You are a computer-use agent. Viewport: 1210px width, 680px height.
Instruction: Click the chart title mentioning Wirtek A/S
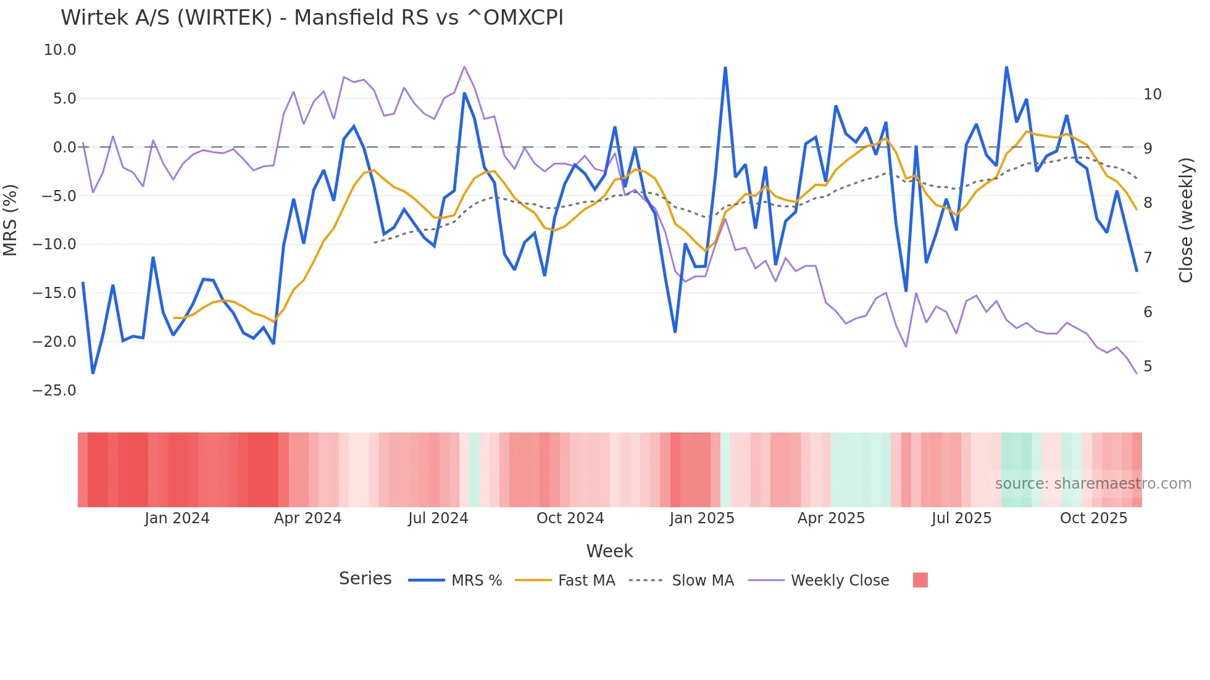[x=312, y=18]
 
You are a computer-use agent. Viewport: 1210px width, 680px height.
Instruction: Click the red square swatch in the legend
[x=920, y=580]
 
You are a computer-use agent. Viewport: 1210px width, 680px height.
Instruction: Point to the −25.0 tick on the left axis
[x=54, y=391]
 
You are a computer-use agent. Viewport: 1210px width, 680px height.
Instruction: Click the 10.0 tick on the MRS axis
[x=60, y=50]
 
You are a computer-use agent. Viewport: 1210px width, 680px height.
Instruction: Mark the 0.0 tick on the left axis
[x=64, y=147]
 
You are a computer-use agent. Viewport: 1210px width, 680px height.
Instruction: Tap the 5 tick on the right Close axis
[x=1148, y=367]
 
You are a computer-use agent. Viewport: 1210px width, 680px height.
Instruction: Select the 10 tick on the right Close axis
[x=1152, y=94]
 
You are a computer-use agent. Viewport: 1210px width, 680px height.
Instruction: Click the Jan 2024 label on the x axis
[x=177, y=518]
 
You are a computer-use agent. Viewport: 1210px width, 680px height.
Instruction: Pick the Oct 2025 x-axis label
[x=1093, y=518]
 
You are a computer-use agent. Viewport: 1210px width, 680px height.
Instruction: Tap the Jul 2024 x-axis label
[x=438, y=518]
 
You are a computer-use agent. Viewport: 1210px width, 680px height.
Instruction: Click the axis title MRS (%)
[x=10, y=220]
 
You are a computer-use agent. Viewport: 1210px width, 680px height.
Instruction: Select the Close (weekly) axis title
[x=1185, y=220]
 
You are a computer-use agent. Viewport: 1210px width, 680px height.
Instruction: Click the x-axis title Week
[x=609, y=551]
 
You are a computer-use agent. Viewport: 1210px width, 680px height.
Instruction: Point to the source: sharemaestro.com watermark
[x=1093, y=484]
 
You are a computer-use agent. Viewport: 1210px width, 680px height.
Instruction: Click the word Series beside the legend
[x=365, y=579]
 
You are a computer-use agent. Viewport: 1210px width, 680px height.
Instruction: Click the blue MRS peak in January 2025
[x=725, y=68]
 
